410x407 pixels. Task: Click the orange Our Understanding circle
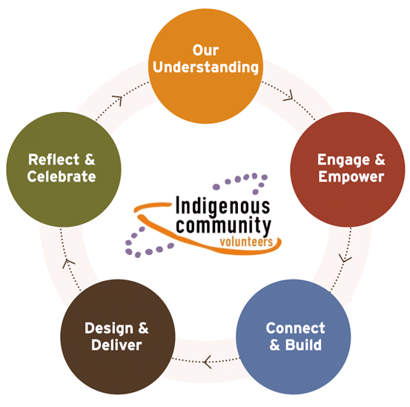click(x=205, y=66)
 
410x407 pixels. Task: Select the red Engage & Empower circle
click(x=348, y=169)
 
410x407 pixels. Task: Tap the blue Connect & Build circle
click(x=294, y=337)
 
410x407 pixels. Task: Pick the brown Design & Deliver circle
click(x=118, y=337)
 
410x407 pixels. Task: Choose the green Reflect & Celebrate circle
click(x=64, y=169)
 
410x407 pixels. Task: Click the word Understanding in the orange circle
click(x=206, y=67)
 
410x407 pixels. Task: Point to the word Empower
click(x=351, y=177)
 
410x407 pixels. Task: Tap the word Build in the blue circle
click(x=303, y=345)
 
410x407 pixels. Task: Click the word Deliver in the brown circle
click(x=116, y=345)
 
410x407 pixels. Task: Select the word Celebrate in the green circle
click(x=62, y=176)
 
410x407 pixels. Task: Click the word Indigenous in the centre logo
click(x=222, y=206)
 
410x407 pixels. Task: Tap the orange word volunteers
click(x=246, y=242)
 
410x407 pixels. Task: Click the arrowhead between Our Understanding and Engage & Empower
click(x=289, y=96)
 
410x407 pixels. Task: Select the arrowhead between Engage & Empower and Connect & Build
click(x=345, y=258)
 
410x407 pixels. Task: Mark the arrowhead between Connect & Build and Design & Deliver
click(x=208, y=362)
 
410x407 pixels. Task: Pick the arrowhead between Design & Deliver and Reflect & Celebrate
click(x=68, y=263)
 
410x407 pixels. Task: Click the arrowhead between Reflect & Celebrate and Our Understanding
click(x=118, y=100)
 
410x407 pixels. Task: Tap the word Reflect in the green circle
click(x=53, y=159)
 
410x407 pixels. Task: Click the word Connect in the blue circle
click(x=296, y=328)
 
